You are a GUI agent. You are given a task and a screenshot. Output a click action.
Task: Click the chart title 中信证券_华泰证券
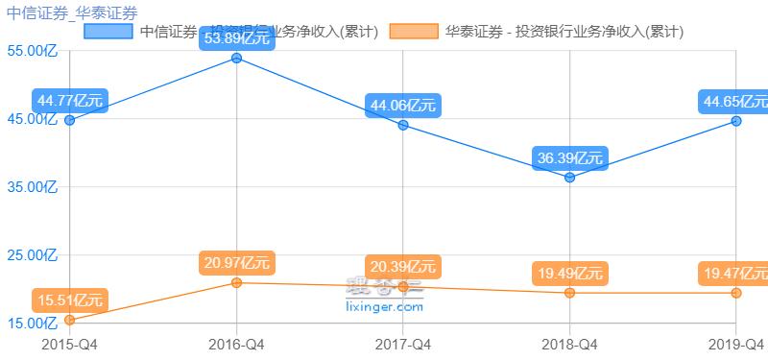coord(71,12)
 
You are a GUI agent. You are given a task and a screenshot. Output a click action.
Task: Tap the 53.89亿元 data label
coord(236,38)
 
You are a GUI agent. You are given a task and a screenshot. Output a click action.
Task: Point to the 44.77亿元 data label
coord(69,101)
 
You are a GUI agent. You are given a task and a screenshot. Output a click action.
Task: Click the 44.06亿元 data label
coord(403,106)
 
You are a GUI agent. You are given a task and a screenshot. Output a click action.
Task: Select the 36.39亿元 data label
coord(570,158)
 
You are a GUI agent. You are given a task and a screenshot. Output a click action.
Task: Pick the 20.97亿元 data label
coord(236,263)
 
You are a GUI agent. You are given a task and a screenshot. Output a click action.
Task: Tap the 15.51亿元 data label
coord(69,300)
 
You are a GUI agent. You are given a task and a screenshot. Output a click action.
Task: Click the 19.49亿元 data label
coord(570,274)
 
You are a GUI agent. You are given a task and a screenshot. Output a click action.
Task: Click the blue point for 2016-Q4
coord(236,59)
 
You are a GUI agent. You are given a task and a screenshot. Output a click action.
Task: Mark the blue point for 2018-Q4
coord(570,178)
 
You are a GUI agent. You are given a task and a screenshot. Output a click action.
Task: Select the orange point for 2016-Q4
coord(236,283)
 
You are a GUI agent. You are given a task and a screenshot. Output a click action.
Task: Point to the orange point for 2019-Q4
coord(736,293)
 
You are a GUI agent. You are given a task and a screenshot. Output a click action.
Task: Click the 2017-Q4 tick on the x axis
coord(403,343)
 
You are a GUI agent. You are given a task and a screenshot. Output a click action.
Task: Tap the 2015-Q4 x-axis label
coord(69,343)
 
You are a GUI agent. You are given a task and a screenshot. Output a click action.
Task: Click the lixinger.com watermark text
coord(383,307)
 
